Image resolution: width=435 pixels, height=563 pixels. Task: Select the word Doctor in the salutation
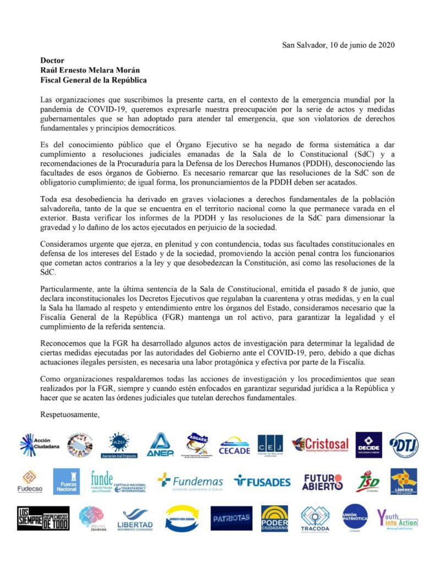[52, 60]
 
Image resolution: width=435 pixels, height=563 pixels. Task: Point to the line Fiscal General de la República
[93, 80]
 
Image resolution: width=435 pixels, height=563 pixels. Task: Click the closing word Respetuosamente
[69, 414]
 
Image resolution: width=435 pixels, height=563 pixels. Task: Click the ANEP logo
[160, 445]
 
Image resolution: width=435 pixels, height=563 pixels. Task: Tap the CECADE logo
[235, 446]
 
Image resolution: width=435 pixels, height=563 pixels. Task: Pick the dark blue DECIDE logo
[368, 445]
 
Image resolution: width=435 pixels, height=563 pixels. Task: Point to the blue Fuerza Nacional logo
[66, 482]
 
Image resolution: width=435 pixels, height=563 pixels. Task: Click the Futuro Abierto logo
[322, 482]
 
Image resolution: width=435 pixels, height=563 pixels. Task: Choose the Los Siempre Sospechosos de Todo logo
[43, 518]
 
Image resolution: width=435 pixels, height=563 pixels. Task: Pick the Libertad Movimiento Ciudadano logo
[135, 518]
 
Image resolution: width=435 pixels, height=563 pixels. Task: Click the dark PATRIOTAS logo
[231, 518]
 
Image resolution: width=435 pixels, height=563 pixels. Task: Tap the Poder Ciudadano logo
[274, 518]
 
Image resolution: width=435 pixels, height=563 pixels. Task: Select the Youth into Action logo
[397, 518]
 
